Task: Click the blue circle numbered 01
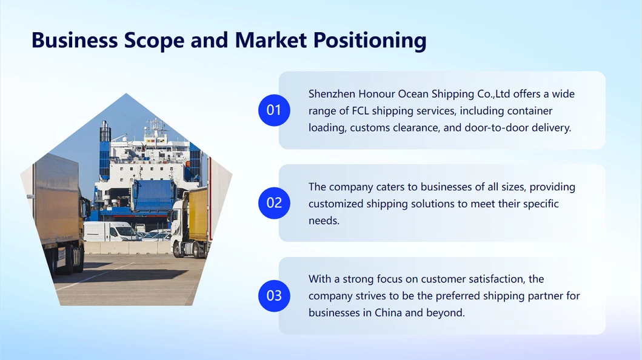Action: pos(274,110)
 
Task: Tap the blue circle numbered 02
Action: pos(274,203)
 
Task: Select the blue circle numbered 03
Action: pos(274,296)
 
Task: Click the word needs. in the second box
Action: pos(324,221)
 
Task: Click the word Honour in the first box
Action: pos(376,94)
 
